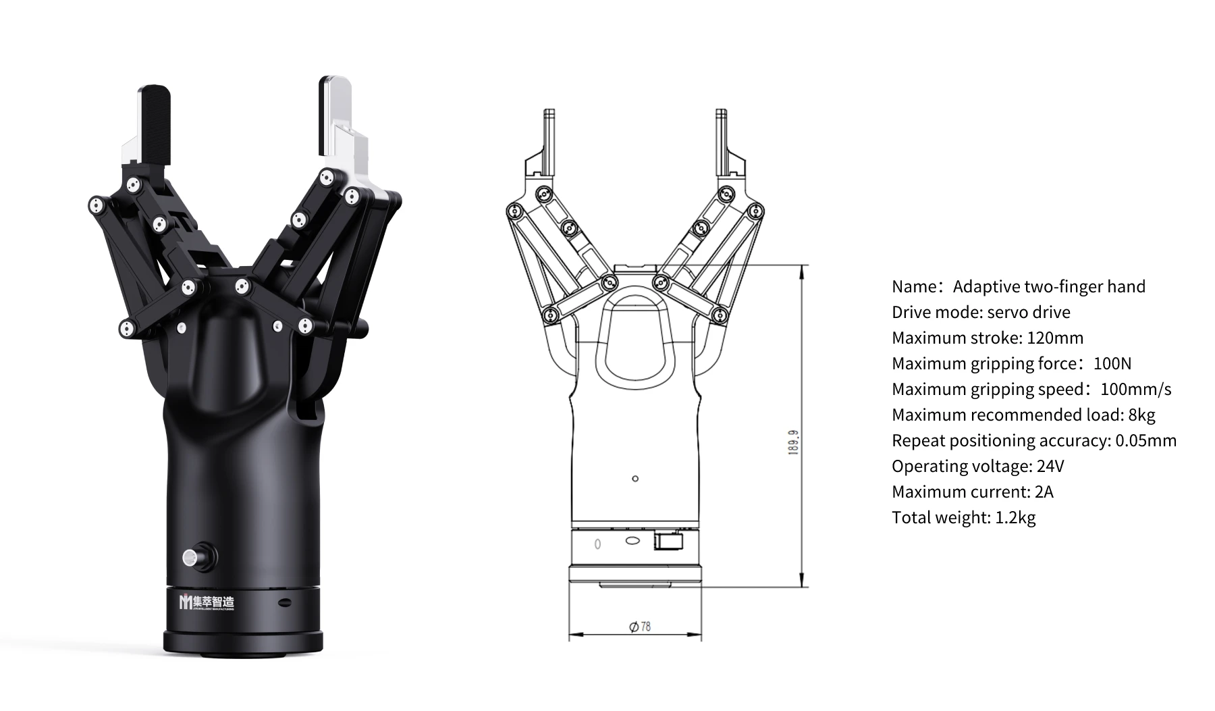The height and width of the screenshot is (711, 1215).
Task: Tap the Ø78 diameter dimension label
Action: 640,627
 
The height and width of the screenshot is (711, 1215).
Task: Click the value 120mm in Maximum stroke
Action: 1055,338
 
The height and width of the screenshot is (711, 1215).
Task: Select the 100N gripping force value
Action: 1112,363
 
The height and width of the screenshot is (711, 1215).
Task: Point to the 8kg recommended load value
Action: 1141,415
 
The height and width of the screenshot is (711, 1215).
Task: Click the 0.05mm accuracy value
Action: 1145,440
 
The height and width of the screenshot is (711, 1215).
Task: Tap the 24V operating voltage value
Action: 1050,466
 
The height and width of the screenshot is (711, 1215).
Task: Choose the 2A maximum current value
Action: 1044,492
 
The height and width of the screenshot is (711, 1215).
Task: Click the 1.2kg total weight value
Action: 1015,517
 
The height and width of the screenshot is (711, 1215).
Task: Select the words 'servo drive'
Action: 1028,312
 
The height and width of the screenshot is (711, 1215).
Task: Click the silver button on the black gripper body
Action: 191,558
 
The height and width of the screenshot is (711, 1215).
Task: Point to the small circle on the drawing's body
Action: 634,479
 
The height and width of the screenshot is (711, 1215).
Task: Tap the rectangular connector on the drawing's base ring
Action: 668,542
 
